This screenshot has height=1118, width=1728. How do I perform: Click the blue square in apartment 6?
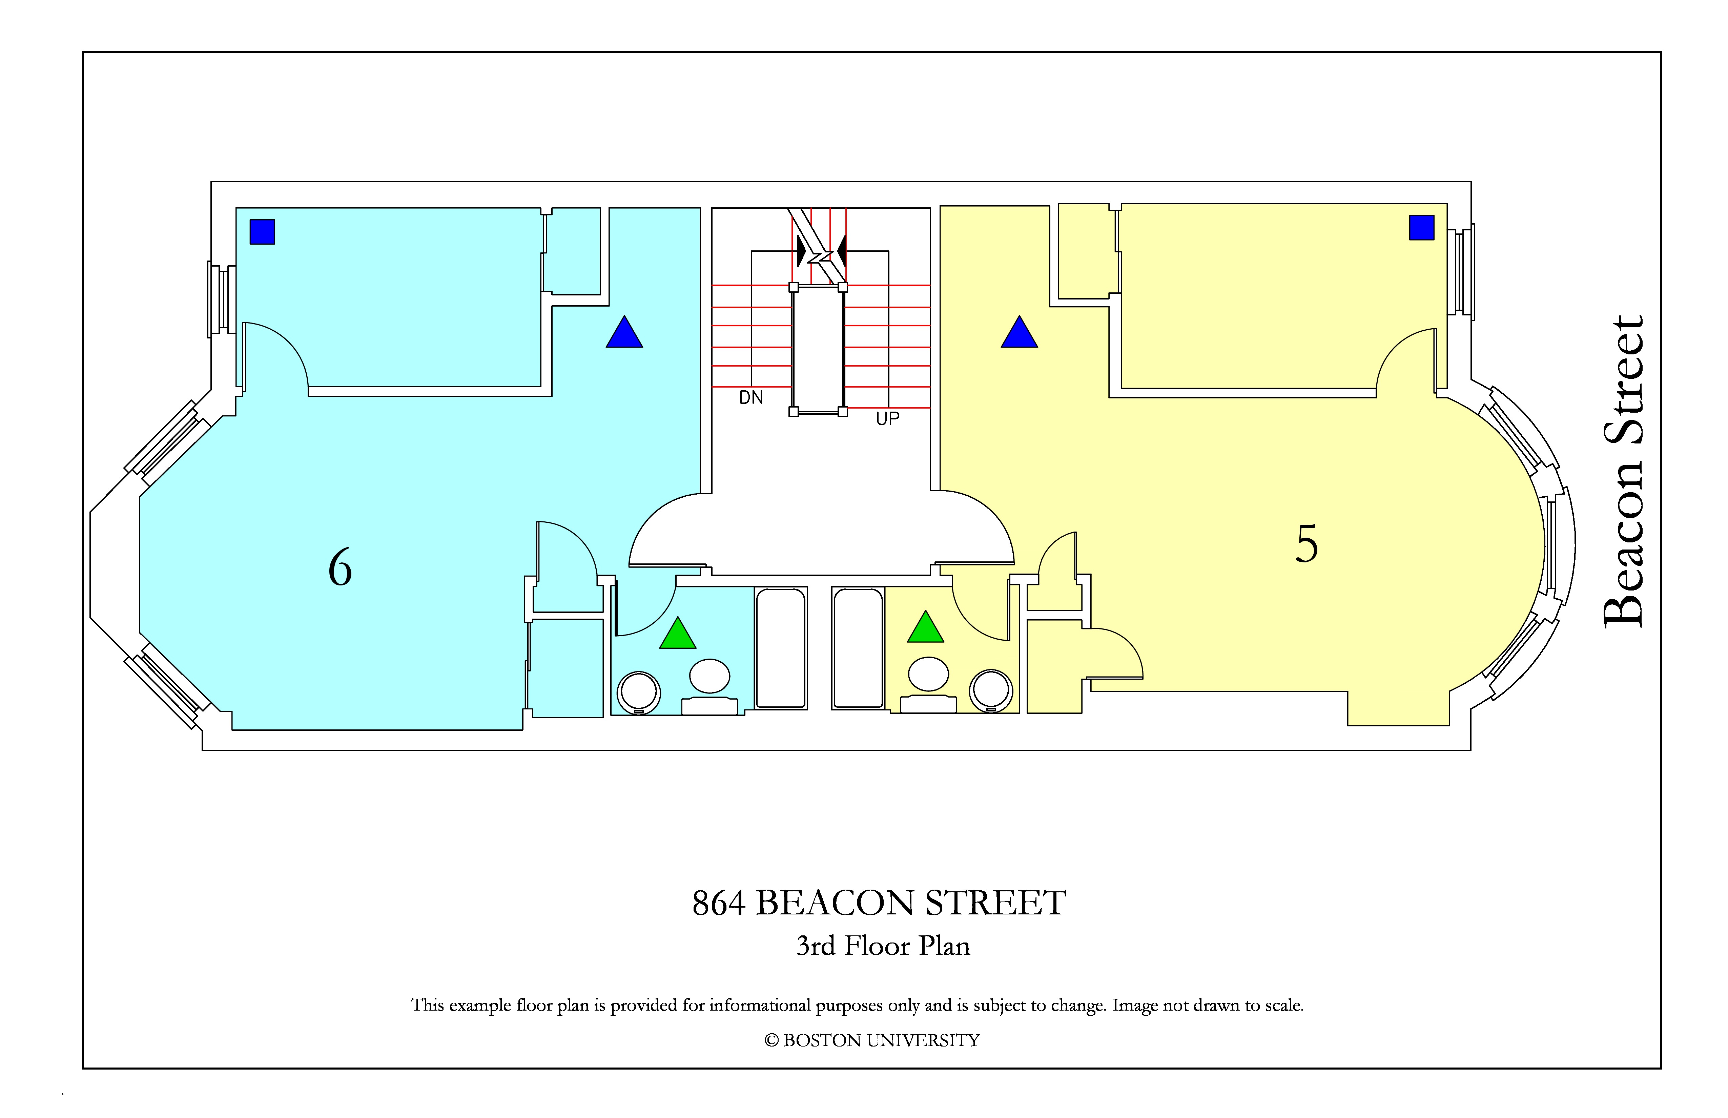point(262,232)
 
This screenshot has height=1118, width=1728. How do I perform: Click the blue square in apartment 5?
point(1422,227)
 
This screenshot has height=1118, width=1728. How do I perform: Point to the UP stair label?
point(887,419)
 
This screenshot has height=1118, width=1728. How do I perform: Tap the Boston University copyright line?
point(872,1040)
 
